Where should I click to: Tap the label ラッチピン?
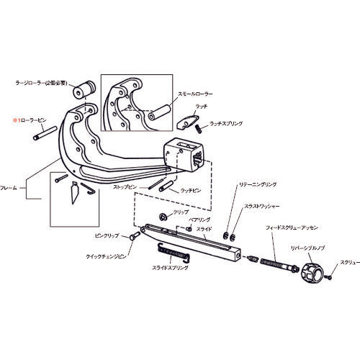coord(191,189)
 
